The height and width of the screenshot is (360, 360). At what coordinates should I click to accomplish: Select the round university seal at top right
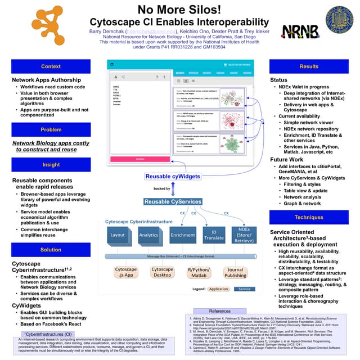pyautogui.click(x=340, y=20)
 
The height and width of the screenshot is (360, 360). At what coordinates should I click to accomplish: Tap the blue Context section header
pyautogui.click(x=51, y=66)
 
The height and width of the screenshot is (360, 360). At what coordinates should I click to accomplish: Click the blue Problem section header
pyautogui.click(x=51, y=129)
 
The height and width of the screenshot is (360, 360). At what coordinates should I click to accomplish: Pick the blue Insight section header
pyautogui.click(x=51, y=165)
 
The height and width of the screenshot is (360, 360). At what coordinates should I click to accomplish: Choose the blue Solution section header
pyautogui.click(x=51, y=250)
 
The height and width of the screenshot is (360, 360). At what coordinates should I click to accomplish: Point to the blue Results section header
pyautogui.click(x=309, y=66)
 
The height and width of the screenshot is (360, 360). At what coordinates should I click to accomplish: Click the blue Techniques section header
pyautogui.click(x=309, y=217)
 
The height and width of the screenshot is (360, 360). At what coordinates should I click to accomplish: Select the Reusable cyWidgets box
pyautogui.click(x=173, y=177)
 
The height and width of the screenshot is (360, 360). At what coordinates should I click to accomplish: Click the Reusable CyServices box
pyautogui.click(x=173, y=201)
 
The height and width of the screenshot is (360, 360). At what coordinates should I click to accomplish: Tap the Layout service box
pyautogui.click(x=118, y=235)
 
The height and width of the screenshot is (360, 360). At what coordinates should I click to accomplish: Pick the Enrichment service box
pyautogui.click(x=183, y=235)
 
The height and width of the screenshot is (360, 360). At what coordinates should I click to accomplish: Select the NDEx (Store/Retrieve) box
pyautogui.click(x=244, y=235)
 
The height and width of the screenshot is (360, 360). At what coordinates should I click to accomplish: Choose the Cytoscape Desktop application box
pyautogui.click(x=162, y=273)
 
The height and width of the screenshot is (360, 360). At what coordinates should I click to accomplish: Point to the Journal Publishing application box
pyautogui.click(x=235, y=273)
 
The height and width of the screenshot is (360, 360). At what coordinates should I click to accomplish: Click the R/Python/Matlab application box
pyautogui.click(x=198, y=273)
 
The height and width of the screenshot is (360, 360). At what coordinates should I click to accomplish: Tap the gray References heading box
pyautogui.click(x=220, y=311)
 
